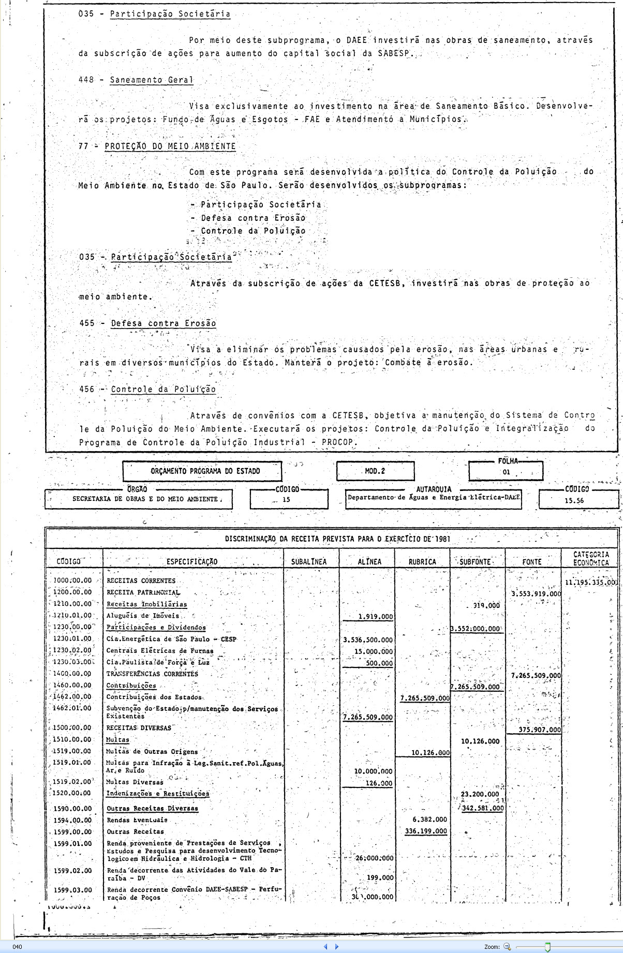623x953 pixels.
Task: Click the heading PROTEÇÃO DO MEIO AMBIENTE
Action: click(170, 146)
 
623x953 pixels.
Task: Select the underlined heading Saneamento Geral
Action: click(151, 80)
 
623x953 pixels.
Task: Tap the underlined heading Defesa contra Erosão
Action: click(164, 323)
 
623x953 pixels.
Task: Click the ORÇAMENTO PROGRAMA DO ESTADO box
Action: click(205, 471)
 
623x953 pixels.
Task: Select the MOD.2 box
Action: click(375, 471)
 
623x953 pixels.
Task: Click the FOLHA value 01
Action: click(506, 472)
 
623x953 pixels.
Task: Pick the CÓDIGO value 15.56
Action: click(574, 500)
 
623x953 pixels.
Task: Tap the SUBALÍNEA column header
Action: click(309, 562)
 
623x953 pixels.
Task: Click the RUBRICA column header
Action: click(422, 562)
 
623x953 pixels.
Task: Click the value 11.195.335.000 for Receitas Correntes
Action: click(590, 582)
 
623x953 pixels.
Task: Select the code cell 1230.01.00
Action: click(72, 639)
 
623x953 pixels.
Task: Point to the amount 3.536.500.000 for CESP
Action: click(368, 640)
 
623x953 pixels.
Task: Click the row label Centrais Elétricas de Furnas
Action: click(160, 651)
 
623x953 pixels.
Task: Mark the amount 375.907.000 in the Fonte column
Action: click(535, 730)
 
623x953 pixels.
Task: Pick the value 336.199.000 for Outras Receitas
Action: click(426, 831)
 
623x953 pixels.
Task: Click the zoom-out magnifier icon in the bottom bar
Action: click(507, 947)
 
